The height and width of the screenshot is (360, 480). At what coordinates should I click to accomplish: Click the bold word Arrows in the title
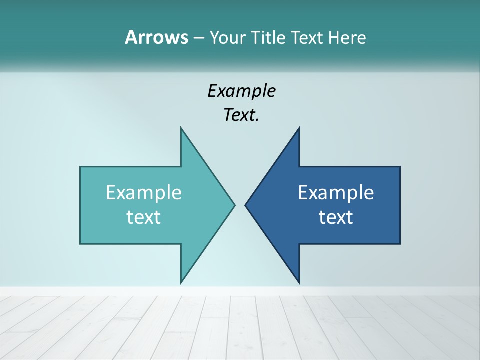coord(156,37)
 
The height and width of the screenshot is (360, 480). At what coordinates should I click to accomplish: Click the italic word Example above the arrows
coord(241,91)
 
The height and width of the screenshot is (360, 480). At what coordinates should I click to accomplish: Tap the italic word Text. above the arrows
coord(241,115)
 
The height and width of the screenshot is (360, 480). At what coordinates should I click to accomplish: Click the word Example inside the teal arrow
coord(144,192)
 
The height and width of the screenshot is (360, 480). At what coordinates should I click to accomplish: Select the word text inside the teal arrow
coord(144,217)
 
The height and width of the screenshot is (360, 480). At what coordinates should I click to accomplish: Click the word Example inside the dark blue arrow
coord(336,192)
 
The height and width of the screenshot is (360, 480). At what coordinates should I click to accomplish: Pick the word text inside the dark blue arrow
coord(336,217)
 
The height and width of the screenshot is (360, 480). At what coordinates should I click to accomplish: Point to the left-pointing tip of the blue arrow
coord(246,205)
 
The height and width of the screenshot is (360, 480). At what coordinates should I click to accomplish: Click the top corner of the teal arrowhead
coord(181,128)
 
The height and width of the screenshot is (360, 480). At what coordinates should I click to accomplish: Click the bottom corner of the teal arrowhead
coord(181,282)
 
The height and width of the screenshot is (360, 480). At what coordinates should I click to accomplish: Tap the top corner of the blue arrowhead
coord(299,128)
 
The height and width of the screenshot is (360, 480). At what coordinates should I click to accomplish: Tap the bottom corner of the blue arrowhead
coord(299,282)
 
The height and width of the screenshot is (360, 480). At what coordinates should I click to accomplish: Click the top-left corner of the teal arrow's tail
coord(81,167)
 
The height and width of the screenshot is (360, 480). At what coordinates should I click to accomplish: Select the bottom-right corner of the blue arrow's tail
coord(399,243)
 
